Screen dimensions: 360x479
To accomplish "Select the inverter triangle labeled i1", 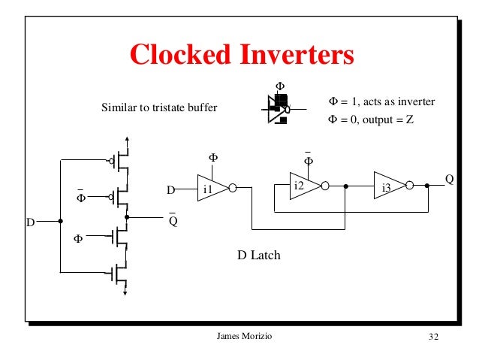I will pyautogui.click(x=210, y=189).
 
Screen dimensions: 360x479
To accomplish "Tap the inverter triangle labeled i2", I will pyautogui.click(x=302, y=186).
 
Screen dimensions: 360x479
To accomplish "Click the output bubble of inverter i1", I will pyautogui.click(x=233, y=189).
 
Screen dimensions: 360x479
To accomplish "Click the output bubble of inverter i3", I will pyautogui.click(x=409, y=186).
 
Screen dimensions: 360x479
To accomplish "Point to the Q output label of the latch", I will pyautogui.click(x=449, y=180).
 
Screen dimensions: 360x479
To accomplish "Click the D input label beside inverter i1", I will pyautogui.click(x=171, y=189).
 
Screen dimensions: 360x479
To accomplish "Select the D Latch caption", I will pyautogui.click(x=259, y=256).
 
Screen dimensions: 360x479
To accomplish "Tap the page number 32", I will pyautogui.click(x=432, y=336).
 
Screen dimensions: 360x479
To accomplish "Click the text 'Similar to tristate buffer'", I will pyautogui.click(x=159, y=108).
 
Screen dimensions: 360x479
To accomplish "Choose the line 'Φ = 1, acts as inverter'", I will pyautogui.click(x=382, y=101).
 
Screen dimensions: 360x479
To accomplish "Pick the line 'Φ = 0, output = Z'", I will pyautogui.click(x=371, y=119).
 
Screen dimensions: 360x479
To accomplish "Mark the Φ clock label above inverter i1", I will pyautogui.click(x=212, y=158).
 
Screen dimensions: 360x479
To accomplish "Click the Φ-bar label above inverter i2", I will pyautogui.click(x=308, y=160).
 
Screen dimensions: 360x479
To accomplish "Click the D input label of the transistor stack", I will pyautogui.click(x=31, y=222).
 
